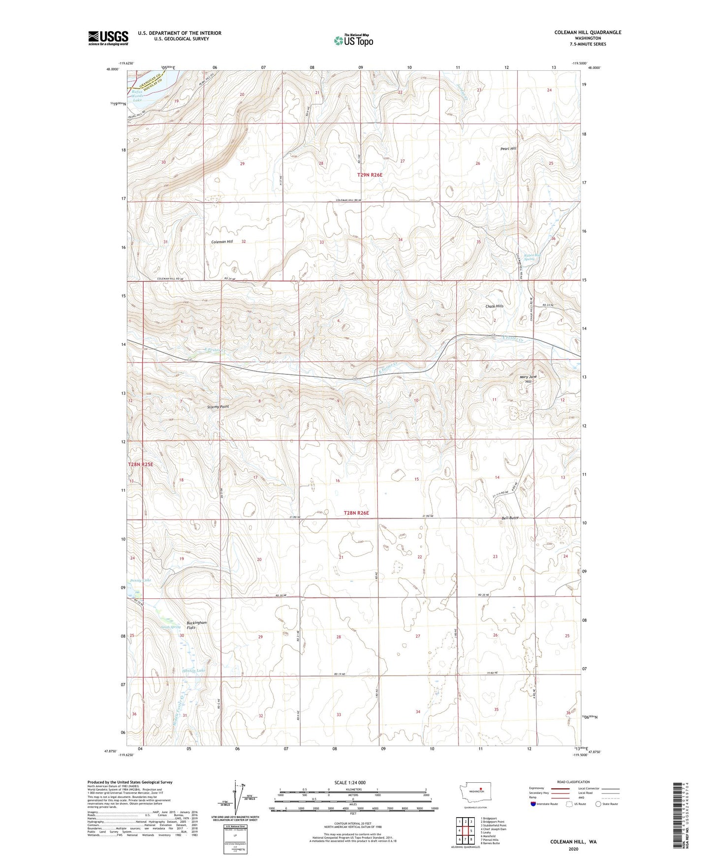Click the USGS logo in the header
[108, 38]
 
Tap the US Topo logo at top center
[353, 40]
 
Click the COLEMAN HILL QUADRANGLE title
[587, 32]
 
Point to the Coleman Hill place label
[222, 242]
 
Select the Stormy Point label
[218, 407]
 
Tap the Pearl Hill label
[508, 149]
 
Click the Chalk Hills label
[494, 306]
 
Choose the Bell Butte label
[510, 518]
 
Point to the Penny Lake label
[140, 581]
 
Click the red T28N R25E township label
[141, 464]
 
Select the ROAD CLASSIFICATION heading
[573, 782]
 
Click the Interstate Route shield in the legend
[534, 804]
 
